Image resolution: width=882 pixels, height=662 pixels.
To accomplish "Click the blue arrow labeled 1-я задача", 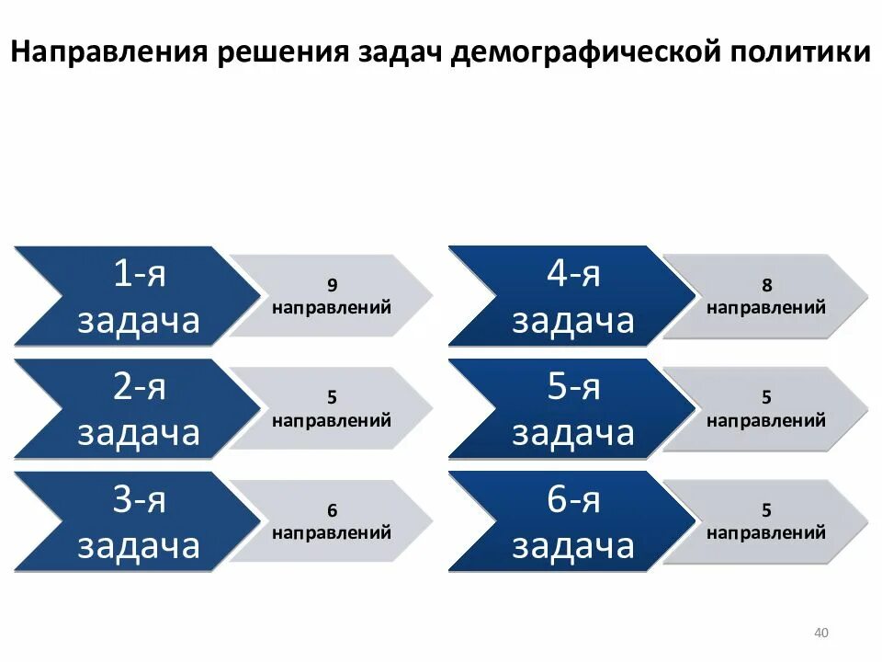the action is pos(138,296).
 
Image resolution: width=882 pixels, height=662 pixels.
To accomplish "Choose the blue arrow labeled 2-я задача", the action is pos(138,409).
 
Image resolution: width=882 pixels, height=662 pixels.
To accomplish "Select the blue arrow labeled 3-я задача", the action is pos(138,521).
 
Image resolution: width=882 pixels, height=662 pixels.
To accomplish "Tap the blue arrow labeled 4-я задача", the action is pos(572,296).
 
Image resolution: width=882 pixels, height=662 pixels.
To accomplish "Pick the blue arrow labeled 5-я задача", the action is pos(572,409).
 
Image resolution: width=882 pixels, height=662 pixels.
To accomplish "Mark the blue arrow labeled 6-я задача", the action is pos(572,521).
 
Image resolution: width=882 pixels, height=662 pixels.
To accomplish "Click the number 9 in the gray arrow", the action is pos(332,285).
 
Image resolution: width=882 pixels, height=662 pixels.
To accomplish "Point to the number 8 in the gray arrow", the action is pos(766,285).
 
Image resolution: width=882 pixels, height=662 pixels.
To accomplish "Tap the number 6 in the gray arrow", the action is pos(332,510).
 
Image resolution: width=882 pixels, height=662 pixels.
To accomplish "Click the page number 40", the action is pos(821,633).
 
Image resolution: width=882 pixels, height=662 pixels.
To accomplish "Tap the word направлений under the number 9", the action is pos(332,307).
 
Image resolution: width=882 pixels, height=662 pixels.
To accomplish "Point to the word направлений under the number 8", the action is pos(766,307).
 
